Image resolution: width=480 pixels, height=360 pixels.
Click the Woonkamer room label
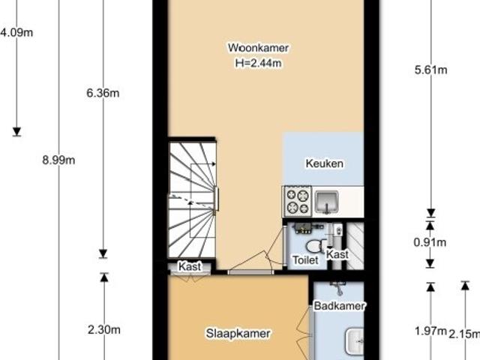coord(258,48)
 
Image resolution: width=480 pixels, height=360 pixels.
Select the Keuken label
coord(324,163)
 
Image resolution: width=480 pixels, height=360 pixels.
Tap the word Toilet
coord(305,259)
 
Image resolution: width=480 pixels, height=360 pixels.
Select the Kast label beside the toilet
coord(338,255)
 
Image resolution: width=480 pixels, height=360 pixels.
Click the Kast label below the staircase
coord(189,266)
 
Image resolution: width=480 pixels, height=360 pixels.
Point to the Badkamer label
coord(339,306)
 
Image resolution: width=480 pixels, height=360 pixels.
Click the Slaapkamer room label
coord(238,334)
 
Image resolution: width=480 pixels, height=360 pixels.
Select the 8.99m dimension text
coord(58,159)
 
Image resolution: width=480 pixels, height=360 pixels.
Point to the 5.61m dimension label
coord(430,71)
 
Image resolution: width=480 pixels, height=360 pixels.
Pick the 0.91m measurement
coord(430,242)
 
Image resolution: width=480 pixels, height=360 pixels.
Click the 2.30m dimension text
coord(104,328)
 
